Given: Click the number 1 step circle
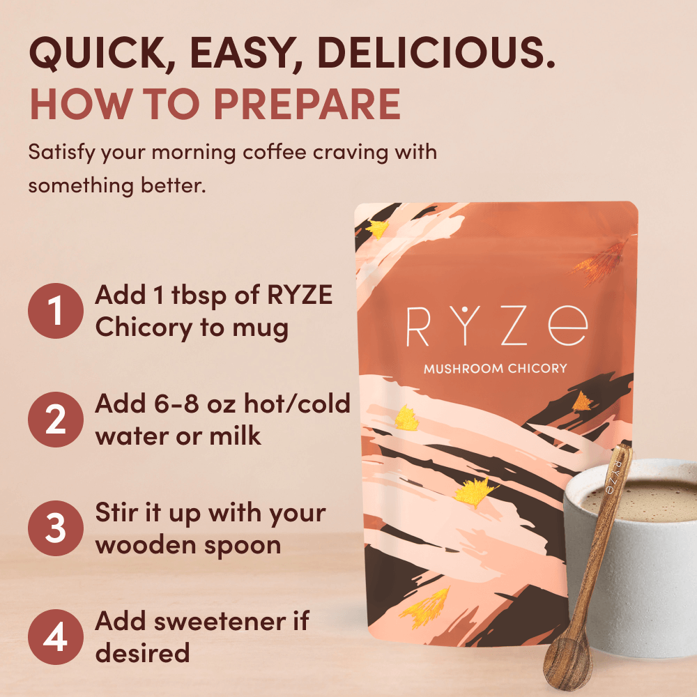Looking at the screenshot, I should (56, 311).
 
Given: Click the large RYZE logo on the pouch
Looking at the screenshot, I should (496, 326).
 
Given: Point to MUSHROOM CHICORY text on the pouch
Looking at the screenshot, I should (496, 368).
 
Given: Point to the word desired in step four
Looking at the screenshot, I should (142, 652).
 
